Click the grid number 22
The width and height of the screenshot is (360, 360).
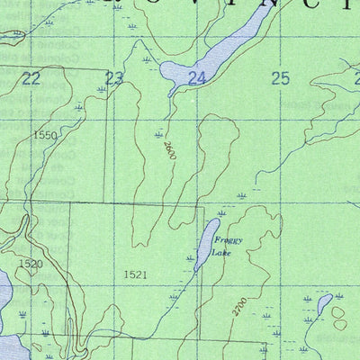point(31,78)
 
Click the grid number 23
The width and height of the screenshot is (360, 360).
point(114,78)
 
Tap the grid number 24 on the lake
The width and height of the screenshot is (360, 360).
point(196,78)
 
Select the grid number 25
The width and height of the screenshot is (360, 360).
point(280,78)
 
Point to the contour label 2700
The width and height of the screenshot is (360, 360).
point(238,306)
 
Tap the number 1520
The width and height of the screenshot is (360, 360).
point(30,264)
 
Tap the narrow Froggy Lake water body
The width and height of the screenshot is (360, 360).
point(206,244)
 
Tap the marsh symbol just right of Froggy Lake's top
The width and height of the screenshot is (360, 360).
point(221,213)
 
